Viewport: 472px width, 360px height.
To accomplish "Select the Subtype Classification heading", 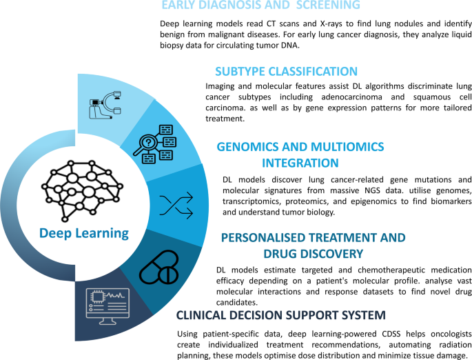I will pos(286,71).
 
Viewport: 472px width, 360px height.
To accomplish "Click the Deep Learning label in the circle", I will pos(83,233).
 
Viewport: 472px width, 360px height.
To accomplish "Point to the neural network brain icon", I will pos(83,184).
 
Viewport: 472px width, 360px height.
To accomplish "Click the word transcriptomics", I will pos(259,200).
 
